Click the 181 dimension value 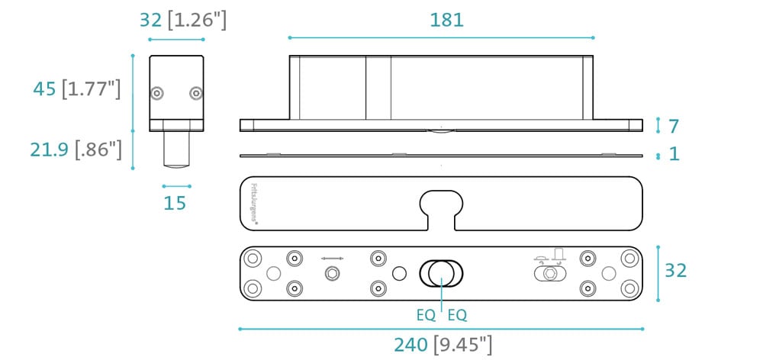click(446, 20)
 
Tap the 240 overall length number click(410, 345)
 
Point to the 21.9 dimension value click(49, 149)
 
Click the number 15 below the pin click(175, 203)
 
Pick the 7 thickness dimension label click(674, 127)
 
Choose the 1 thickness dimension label click(674, 154)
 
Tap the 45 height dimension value click(45, 89)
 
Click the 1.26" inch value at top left click(197, 21)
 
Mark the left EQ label click(426, 316)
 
